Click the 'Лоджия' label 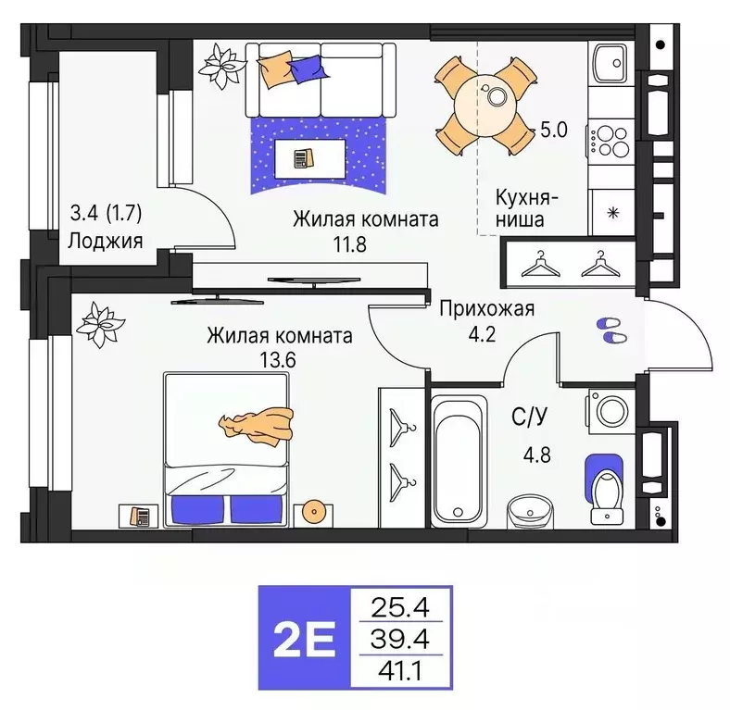[x=105, y=242]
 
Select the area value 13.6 [x=277, y=360]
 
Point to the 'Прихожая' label [x=487, y=309]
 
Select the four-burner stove [x=610, y=141]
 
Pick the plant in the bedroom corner [x=98, y=323]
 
